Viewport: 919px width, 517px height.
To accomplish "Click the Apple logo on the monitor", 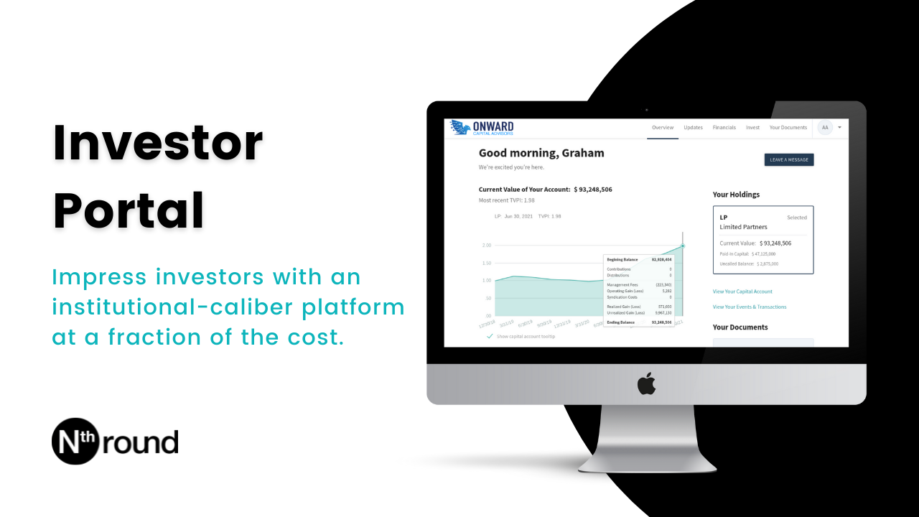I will (x=646, y=384).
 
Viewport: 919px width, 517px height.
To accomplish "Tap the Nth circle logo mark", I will (x=75, y=441).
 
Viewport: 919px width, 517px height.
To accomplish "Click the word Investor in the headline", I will (x=158, y=143).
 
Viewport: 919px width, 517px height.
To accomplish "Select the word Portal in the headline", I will (x=129, y=209).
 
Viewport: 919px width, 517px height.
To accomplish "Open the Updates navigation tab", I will (x=693, y=128).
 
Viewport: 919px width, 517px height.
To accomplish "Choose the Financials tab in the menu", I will (x=724, y=128).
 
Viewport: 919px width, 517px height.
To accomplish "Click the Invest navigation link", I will (x=752, y=128).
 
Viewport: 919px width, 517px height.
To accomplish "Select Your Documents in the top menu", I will (x=788, y=128).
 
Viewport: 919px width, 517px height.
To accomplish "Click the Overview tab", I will (x=663, y=128).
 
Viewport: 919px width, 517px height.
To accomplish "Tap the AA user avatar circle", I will (x=825, y=128).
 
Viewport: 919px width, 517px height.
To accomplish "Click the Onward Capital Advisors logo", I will (x=482, y=128).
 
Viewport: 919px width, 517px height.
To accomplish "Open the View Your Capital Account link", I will (x=742, y=292).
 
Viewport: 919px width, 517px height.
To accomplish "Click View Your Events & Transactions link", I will (x=749, y=307).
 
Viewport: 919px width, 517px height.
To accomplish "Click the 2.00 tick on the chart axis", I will (x=487, y=246).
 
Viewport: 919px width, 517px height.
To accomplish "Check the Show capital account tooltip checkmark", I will (x=490, y=336).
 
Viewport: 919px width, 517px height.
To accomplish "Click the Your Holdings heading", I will (x=736, y=195).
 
